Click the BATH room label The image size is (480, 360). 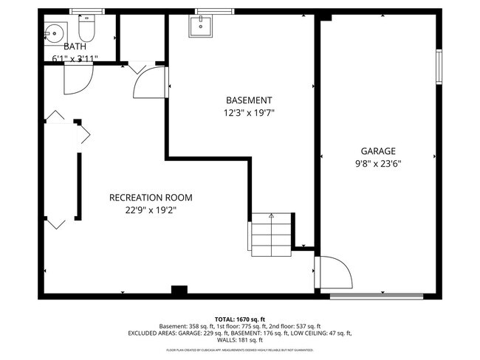pyautogui.click(x=75, y=46)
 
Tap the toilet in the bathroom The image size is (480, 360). pyautogui.click(x=86, y=30)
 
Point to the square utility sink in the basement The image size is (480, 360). pyautogui.click(x=201, y=27)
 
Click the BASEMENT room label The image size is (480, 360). pyautogui.click(x=248, y=100)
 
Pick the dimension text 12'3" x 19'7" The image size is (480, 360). pyautogui.click(x=249, y=113)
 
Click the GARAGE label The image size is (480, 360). pyautogui.click(x=378, y=150)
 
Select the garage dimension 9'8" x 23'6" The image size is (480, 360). pyautogui.click(x=378, y=163)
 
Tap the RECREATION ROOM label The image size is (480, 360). pyautogui.click(x=151, y=197)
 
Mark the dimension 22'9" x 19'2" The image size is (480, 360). pyautogui.click(x=151, y=210)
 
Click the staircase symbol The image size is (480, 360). pyautogui.click(x=271, y=233)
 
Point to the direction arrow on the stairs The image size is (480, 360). pyautogui.click(x=272, y=216)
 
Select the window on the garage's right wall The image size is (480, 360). pyautogui.click(x=438, y=66)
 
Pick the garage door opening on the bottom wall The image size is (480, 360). pyautogui.click(x=376, y=297)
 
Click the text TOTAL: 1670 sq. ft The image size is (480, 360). pyautogui.click(x=240, y=318)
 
